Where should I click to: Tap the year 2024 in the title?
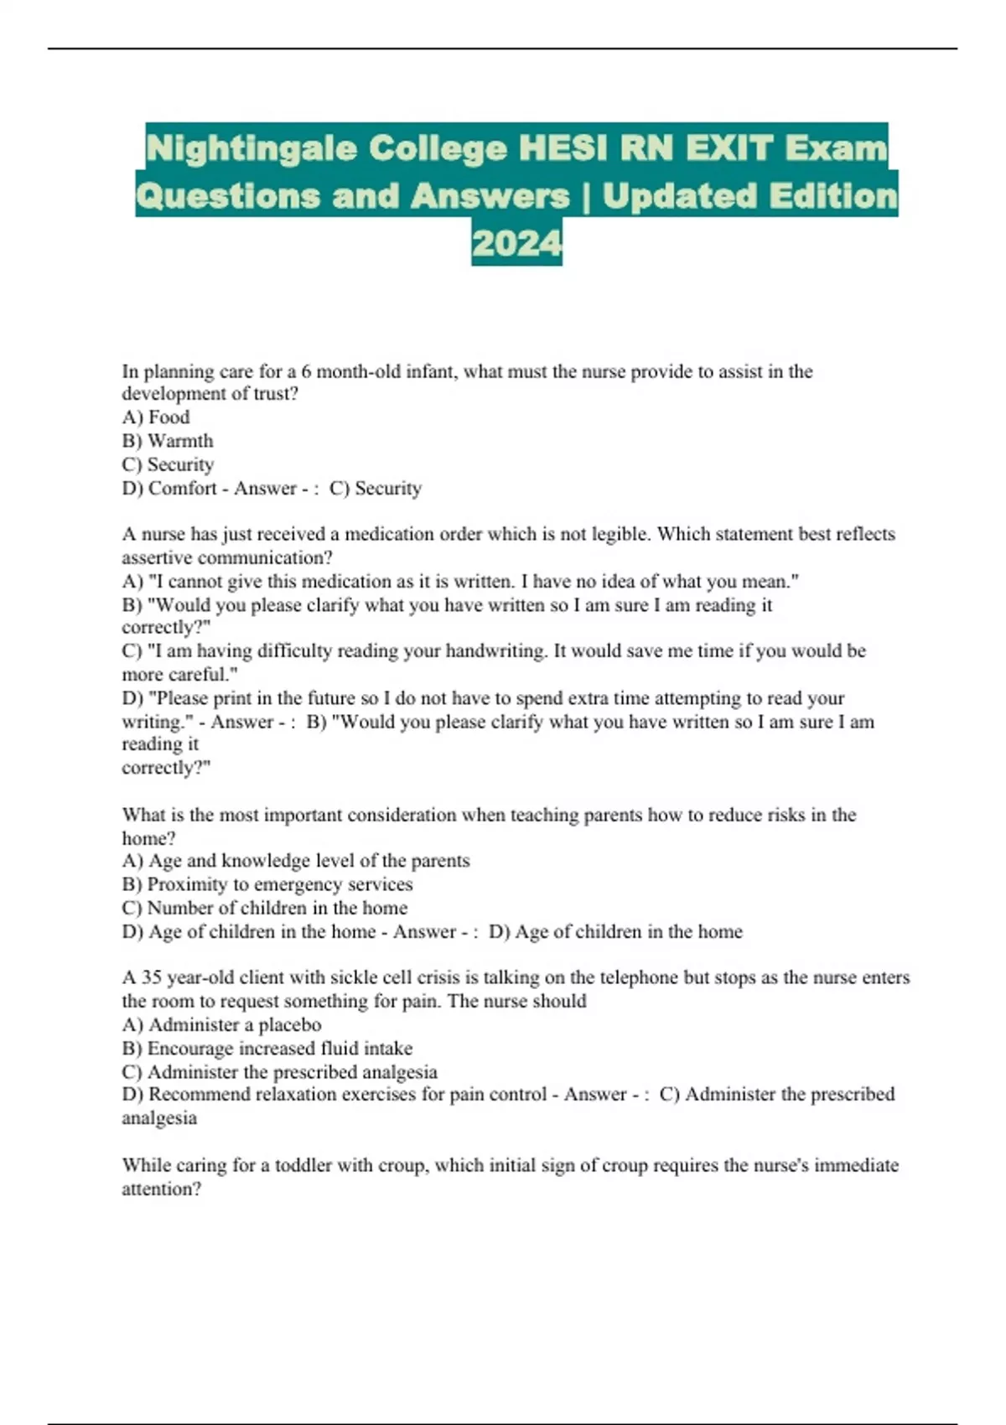(x=516, y=243)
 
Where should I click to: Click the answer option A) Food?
(x=156, y=417)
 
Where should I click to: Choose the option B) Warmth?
(x=168, y=441)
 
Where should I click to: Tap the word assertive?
(x=159, y=557)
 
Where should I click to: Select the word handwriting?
(x=495, y=651)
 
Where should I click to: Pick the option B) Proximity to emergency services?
(x=267, y=884)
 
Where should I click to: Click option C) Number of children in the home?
(x=265, y=908)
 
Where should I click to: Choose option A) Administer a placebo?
(x=221, y=1024)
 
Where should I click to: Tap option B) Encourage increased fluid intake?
(x=267, y=1048)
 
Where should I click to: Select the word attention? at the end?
(x=162, y=1189)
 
